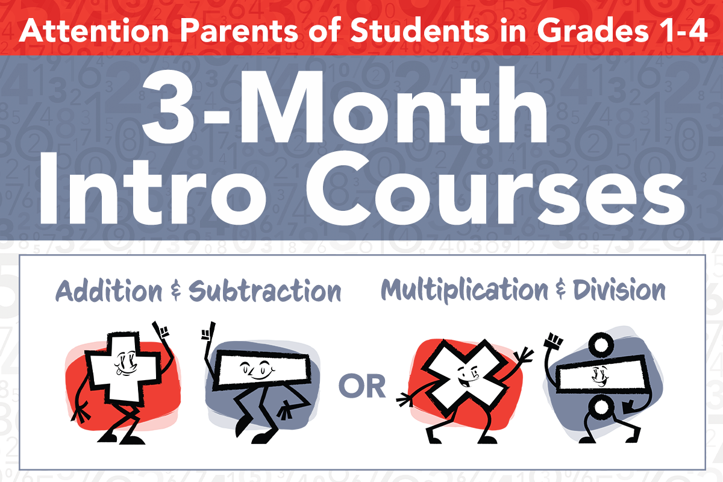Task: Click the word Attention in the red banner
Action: (94, 31)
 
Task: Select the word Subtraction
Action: (264, 291)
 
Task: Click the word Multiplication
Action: (465, 290)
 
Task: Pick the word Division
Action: (619, 290)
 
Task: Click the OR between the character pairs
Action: (362, 386)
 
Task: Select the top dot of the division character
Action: (600, 345)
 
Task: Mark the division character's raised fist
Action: (553, 341)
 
